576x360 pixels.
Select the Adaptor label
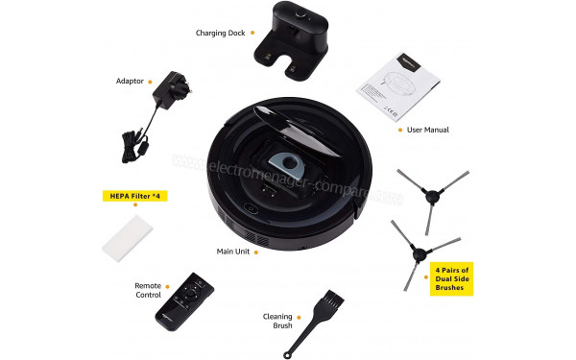[x=130, y=81]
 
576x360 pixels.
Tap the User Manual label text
[x=428, y=130]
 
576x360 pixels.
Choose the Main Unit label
[x=236, y=252]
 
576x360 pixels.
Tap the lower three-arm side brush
[x=417, y=255]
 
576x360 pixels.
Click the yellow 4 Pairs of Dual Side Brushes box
[x=454, y=278]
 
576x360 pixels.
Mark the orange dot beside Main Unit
[x=264, y=252]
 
